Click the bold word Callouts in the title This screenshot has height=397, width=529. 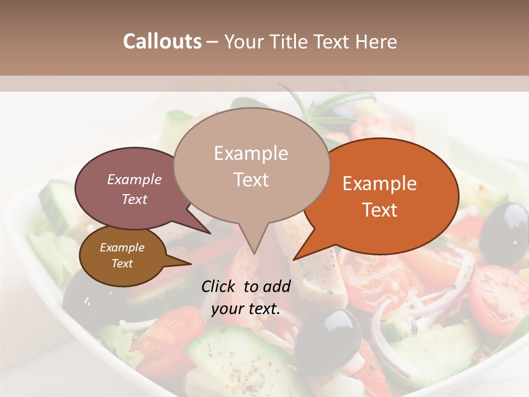[162, 41]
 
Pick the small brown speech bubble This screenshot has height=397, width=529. [118, 256]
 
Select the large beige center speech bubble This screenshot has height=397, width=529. [251, 165]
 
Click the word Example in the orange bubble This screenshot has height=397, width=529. [380, 184]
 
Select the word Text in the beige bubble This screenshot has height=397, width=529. [251, 180]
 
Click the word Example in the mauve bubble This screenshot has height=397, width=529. [134, 180]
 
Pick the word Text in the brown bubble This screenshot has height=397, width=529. [122, 264]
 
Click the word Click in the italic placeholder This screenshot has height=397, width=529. [219, 286]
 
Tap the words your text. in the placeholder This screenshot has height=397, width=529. [246, 309]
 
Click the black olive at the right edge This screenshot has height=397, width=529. [504, 226]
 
